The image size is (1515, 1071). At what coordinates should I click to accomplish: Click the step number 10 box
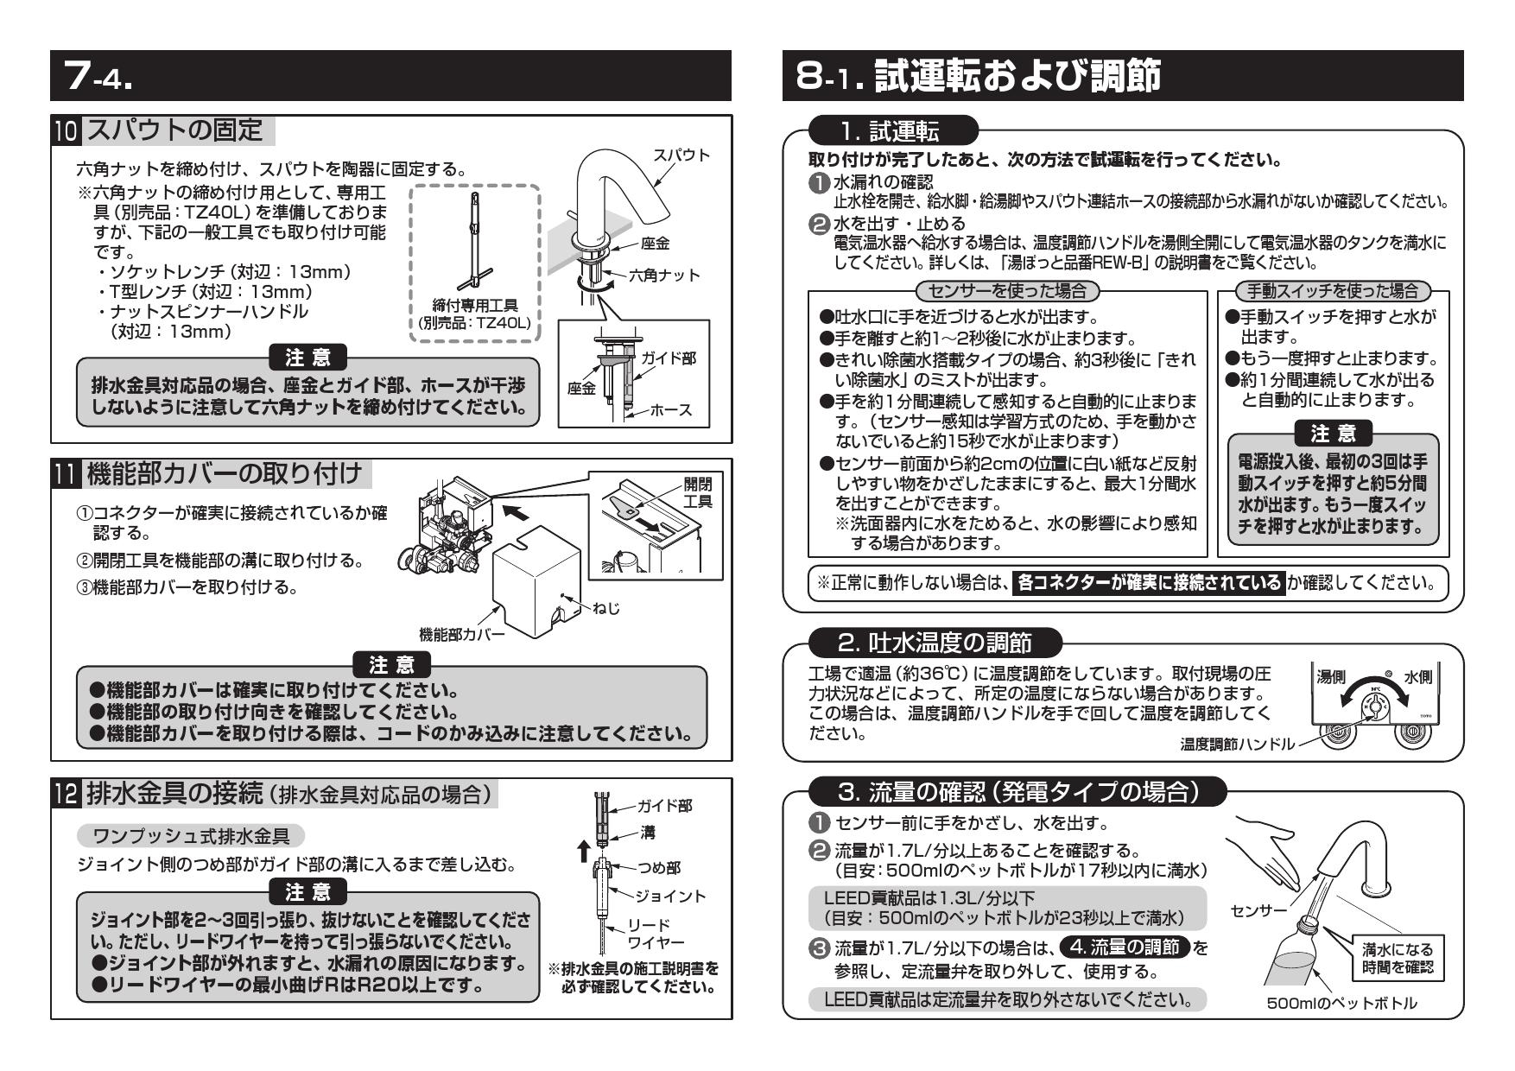click(67, 130)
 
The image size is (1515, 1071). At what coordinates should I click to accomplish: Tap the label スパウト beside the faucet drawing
click(681, 155)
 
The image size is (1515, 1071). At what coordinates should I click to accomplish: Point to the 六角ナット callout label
click(662, 275)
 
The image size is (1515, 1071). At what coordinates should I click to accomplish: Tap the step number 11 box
click(66, 474)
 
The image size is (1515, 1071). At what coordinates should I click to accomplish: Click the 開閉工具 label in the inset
click(697, 492)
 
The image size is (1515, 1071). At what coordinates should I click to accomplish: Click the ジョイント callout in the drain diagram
click(669, 896)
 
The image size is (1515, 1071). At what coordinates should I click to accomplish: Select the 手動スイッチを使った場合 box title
click(1332, 290)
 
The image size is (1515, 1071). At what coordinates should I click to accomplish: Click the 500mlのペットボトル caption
click(1341, 1003)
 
